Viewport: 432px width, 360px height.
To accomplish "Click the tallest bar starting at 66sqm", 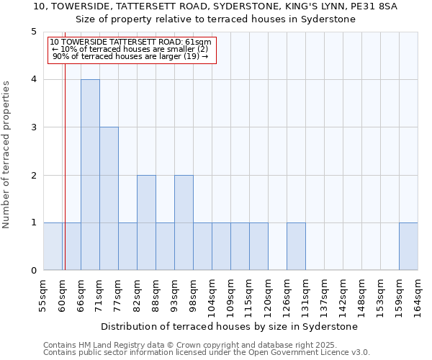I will point(90,175).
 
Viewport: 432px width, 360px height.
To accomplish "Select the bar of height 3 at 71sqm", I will point(109,199).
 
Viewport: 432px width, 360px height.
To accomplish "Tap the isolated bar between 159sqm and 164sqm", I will point(408,247).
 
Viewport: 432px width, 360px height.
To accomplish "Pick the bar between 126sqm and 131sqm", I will point(296,247).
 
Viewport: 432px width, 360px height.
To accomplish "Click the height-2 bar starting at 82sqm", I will point(146,223).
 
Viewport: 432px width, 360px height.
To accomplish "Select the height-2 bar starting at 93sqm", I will point(184,223).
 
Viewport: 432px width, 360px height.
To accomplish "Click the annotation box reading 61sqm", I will point(132,50).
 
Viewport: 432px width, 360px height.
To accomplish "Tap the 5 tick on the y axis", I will point(33,32).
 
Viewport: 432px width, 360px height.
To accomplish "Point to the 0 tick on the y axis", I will point(33,271).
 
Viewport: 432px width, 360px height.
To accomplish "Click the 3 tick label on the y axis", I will point(33,127).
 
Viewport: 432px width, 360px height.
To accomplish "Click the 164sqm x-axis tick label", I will point(418,295).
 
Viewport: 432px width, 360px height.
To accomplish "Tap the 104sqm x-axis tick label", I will point(212,295).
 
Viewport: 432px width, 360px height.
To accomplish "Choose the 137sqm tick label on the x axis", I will point(324,295).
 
